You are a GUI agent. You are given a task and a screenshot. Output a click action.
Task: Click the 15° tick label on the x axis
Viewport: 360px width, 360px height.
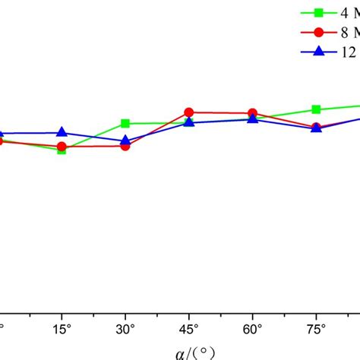point(62,331)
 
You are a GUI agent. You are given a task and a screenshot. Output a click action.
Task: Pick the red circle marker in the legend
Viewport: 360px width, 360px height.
point(320,32)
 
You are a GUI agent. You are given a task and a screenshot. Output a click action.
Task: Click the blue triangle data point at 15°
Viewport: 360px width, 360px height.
point(62,132)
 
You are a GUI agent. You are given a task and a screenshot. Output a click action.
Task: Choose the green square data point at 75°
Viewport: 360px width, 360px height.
point(317,109)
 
